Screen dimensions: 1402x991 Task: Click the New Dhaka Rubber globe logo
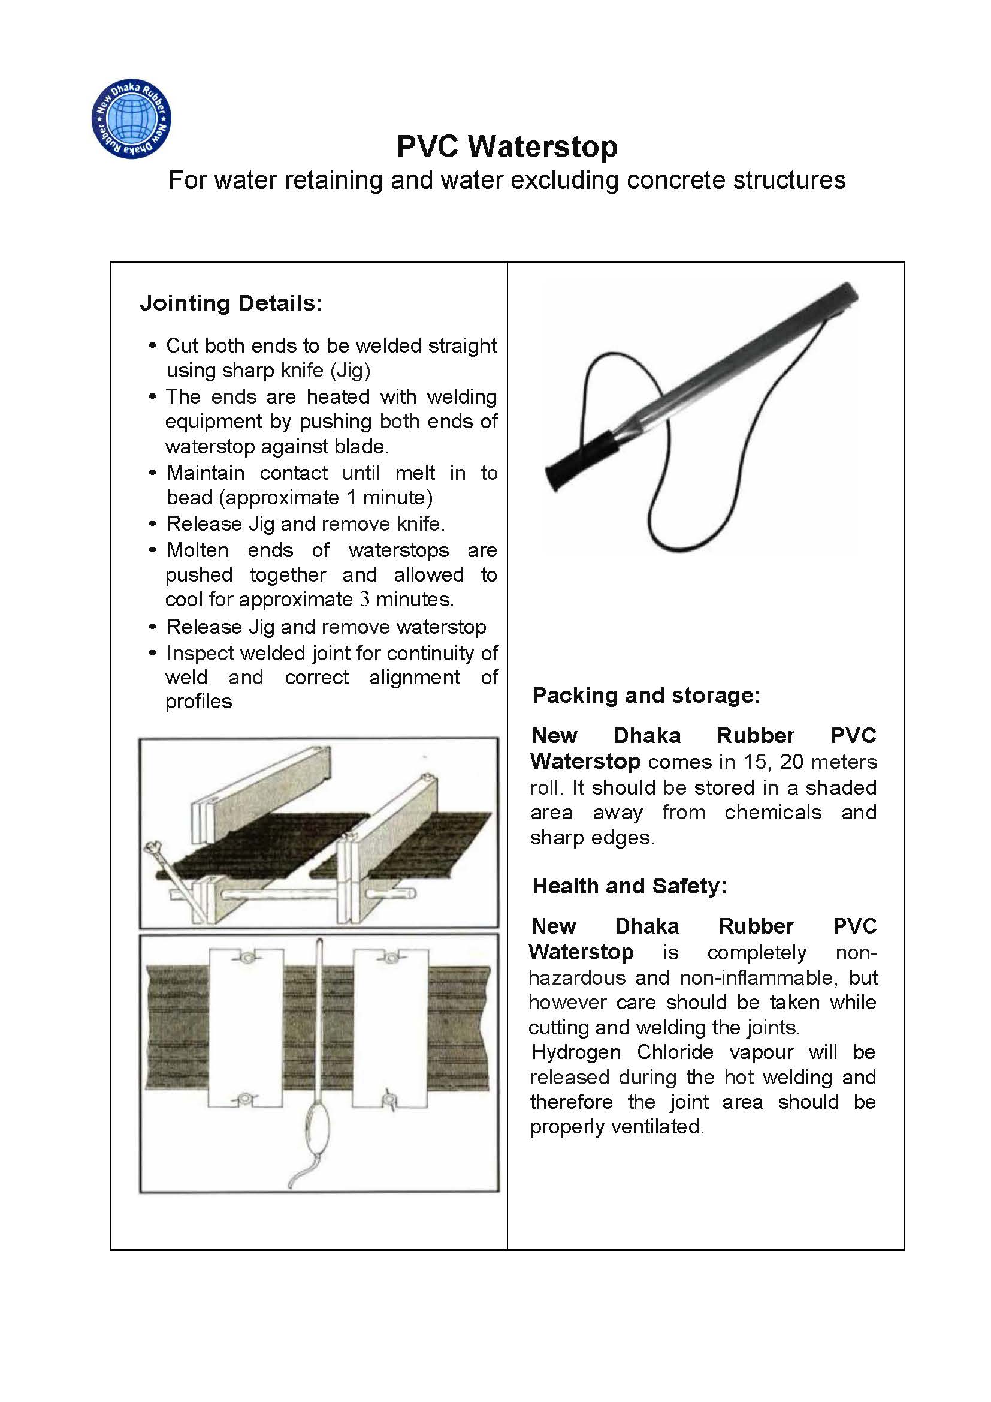131,119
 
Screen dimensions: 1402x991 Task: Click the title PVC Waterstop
506,146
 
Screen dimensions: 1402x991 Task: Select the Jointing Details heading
231,303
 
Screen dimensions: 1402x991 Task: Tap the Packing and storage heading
646,695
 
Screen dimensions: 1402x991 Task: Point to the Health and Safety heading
629,886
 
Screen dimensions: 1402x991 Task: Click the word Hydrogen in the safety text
576,1052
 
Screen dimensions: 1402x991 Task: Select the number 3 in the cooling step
364,599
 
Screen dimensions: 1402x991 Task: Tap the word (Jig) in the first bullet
350,370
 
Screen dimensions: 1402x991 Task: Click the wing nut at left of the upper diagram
152,849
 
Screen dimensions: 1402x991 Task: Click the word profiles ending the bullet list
198,702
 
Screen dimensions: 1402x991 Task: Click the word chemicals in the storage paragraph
772,812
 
